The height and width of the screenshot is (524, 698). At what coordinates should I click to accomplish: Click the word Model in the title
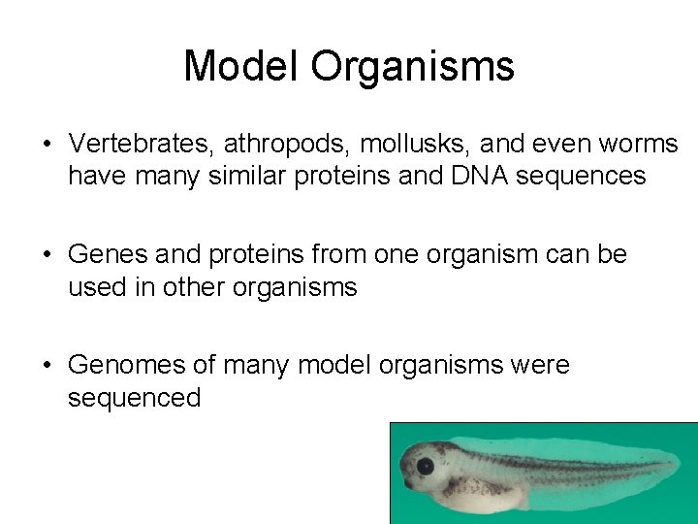tap(241, 66)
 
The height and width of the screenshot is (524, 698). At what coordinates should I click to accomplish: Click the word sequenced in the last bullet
tap(134, 399)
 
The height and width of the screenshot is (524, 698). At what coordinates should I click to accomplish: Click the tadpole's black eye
tap(425, 467)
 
